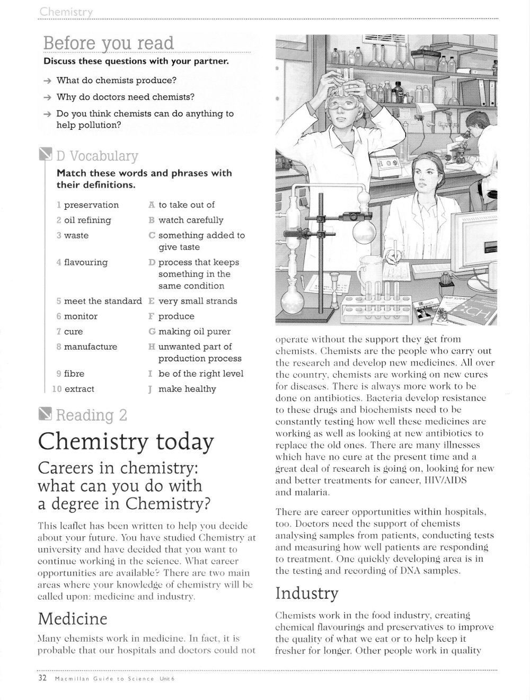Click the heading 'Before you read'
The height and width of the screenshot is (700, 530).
[x=109, y=43]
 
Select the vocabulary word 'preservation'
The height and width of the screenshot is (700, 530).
[x=91, y=205]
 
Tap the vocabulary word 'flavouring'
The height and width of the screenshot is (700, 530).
[x=85, y=262]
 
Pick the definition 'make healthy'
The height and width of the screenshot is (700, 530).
[x=187, y=389]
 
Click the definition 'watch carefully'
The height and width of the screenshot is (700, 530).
[x=191, y=220]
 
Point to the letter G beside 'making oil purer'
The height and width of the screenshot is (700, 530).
[x=152, y=332]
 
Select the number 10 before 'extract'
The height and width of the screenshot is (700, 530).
[x=57, y=389]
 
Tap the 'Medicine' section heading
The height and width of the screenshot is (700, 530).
[x=73, y=619]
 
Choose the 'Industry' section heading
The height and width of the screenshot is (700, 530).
[x=306, y=593]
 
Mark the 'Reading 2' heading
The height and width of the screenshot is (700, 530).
[x=91, y=415]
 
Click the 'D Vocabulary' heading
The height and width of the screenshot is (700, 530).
[x=96, y=156]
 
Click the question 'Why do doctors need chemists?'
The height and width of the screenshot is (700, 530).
[x=126, y=97]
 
